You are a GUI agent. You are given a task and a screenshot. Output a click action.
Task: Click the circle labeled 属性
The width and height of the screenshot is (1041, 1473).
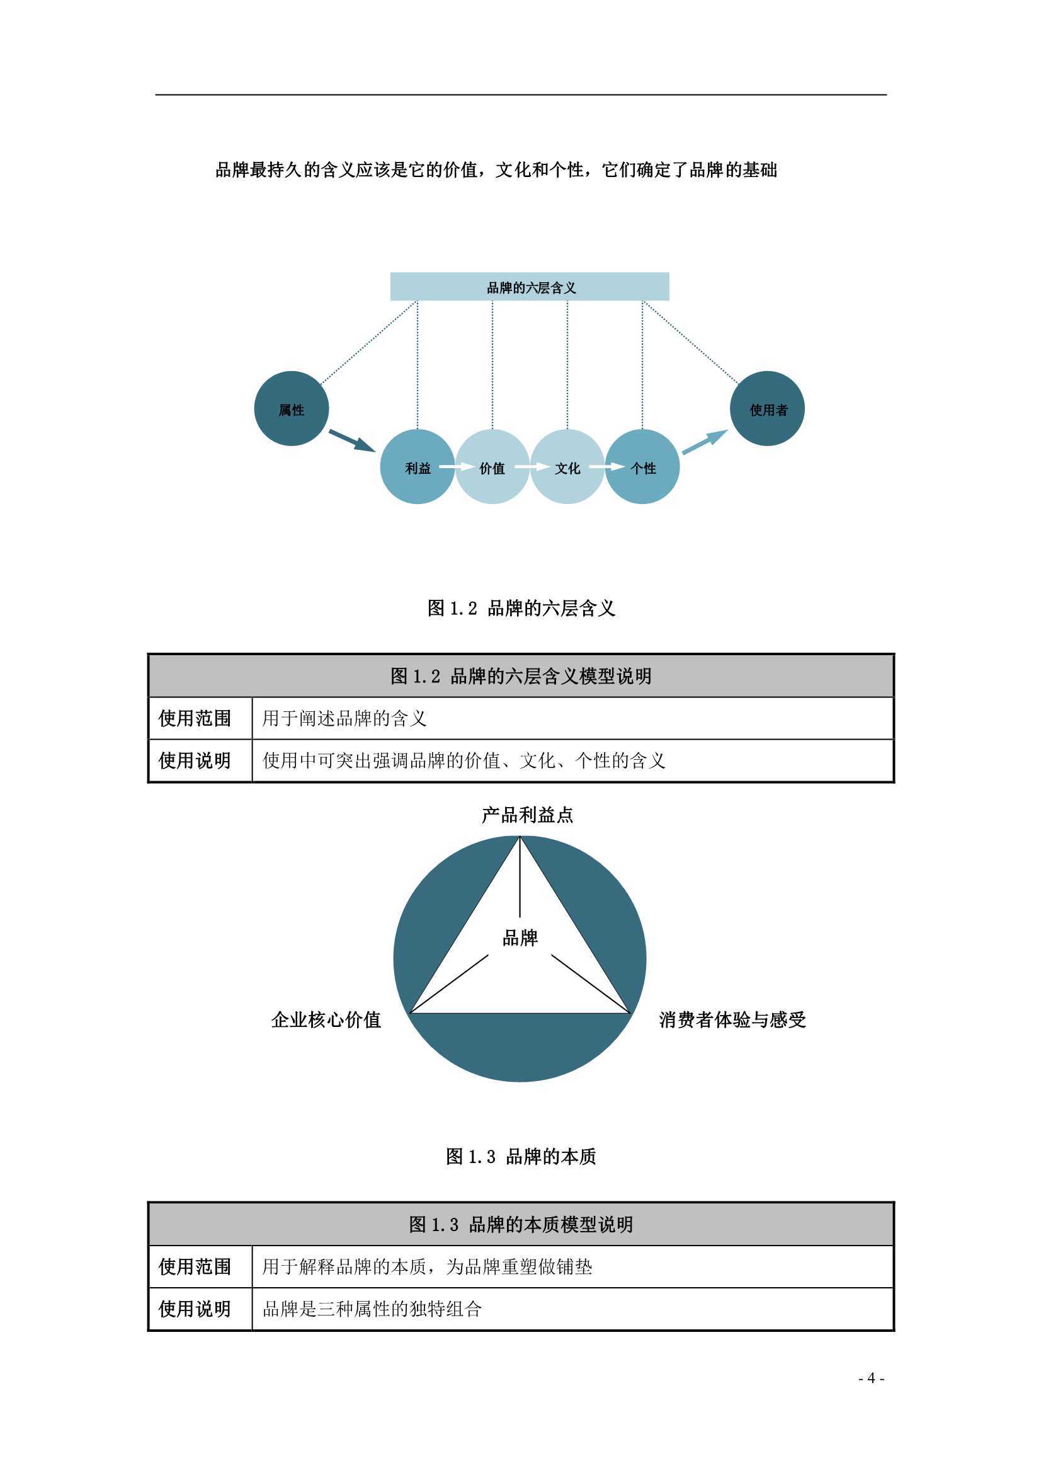coord(292,409)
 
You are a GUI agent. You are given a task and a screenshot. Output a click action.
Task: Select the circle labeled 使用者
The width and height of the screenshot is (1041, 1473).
coord(768,409)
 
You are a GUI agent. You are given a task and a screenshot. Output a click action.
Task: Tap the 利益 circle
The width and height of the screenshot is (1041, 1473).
coord(418,467)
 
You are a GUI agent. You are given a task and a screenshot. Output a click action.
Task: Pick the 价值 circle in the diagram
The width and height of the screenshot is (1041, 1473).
coord(492,467)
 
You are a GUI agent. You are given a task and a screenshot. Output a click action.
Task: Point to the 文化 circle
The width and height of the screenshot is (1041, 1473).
coord(567,467)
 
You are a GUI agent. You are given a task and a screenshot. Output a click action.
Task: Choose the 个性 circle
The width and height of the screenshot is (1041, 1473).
coord(643,467)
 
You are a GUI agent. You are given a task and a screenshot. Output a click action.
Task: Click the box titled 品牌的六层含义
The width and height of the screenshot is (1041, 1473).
coord(530,287)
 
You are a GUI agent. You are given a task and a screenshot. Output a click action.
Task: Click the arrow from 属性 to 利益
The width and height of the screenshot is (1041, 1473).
coord(351,441)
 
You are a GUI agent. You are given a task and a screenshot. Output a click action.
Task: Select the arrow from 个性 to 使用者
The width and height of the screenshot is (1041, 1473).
coord(705,443)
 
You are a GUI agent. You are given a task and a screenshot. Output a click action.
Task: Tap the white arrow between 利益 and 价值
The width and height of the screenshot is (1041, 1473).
coord(455,467)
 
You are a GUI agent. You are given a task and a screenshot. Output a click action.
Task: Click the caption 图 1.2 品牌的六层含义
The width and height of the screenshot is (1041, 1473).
coord(521,608)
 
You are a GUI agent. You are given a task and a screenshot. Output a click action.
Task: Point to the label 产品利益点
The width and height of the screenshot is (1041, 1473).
coord(527,815)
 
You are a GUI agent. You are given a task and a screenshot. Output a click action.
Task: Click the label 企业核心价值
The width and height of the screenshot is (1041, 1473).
coord(326,1020)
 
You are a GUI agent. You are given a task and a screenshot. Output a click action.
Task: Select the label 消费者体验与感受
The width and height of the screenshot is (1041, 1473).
coord(732,1020)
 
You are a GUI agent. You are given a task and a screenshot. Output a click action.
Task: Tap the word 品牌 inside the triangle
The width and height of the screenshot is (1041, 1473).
coord(520,939)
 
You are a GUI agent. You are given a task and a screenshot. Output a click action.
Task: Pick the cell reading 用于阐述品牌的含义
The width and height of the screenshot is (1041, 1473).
coord(344,718)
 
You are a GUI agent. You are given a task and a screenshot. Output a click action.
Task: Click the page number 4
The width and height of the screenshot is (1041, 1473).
coord(871,1378)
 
